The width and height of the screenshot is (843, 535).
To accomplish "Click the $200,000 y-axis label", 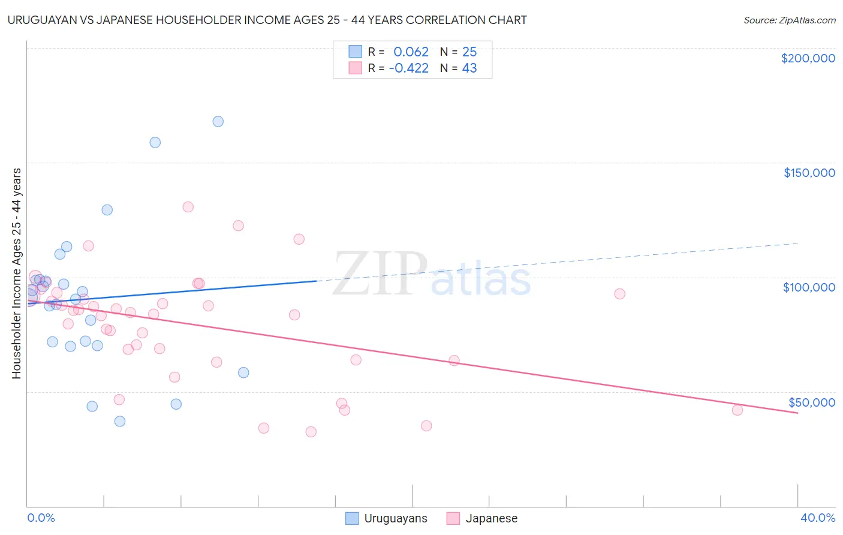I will click(x=808, y=58).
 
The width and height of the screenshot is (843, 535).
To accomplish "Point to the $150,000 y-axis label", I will click(x=809, y=173).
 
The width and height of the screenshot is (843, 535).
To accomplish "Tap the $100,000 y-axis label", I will click(x=809, y=287).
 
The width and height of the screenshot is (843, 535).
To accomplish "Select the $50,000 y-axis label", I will click(x=811, y=402).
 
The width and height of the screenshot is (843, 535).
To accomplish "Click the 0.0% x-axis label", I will click(x=41, y=518).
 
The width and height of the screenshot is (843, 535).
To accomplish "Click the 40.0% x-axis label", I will click(x=817, y=518).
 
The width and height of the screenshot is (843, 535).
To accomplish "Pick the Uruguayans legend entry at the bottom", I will click(x=387, y=518).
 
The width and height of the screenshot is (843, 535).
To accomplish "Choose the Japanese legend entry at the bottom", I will click(x=482, y=518).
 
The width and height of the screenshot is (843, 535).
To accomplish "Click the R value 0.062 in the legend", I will click(x=411, y=52).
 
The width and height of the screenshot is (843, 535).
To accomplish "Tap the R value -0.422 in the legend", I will click(x=408, y=68).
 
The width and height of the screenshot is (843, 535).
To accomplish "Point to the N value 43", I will click(x=469, y=68).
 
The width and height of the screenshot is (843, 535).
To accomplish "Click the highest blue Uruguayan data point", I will click(x=218, y=121).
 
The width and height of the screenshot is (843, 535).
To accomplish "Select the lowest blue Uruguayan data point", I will click(x=120, y=421).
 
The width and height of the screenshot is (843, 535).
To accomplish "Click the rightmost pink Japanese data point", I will click(x=737, y=410).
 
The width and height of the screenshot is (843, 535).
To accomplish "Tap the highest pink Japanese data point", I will click(x=188, y=207).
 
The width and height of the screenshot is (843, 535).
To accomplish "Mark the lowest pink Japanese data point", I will click(x=311, y=432).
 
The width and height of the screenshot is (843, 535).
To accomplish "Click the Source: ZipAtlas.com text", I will click(x=789, y=20).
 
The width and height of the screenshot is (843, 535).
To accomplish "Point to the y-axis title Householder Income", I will click(x=16, y=273).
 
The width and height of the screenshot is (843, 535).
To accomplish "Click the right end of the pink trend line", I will click(x=797, y=413).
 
